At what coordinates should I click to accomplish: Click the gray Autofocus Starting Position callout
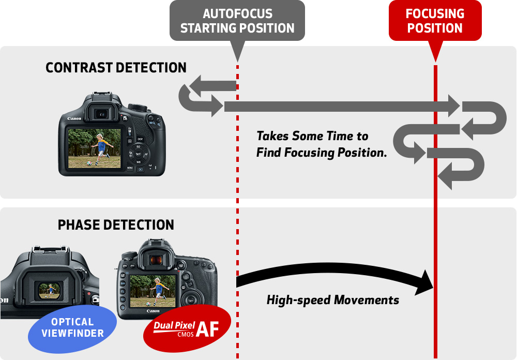point(237,21)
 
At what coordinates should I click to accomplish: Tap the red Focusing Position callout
point(435,21)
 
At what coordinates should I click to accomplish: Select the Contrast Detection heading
point(116,68)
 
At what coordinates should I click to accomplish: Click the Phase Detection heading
point(116,225)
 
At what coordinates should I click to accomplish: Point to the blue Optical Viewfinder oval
point(72,328)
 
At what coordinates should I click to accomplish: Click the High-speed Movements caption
point(332,300)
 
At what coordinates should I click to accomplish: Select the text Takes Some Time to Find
point(312,137)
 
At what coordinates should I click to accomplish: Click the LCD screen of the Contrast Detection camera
point(95,148)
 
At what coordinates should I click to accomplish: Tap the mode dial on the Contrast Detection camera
point(138,107)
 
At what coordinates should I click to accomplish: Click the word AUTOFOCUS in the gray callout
point(237,14)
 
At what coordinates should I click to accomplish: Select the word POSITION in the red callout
point(435,28)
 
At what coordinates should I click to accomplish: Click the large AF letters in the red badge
point(211,329)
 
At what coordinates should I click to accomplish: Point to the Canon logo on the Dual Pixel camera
point(153,311)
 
